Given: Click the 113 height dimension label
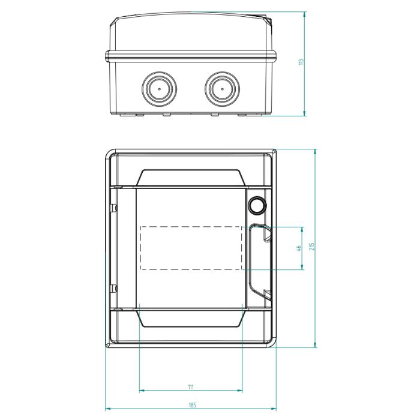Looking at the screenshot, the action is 301,62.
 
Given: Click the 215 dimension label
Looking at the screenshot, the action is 311,246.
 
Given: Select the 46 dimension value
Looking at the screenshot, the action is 299,248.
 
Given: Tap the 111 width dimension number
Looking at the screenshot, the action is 191,387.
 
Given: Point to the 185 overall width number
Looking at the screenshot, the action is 193,405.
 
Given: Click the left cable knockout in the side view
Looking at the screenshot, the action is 159,89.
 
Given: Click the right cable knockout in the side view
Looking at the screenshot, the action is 223,89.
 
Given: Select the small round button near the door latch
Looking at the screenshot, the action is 257,205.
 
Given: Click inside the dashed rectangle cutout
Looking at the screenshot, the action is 191,248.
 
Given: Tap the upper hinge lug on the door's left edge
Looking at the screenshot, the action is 113,208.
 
